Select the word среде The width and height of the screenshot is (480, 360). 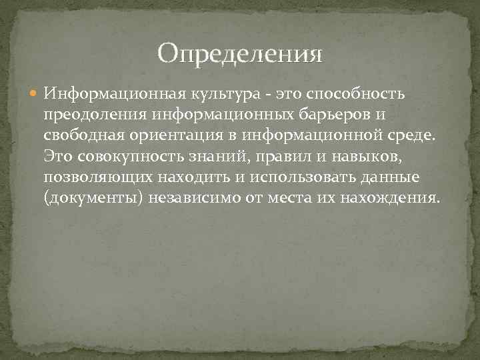pyautogui.click(x=411, y=136)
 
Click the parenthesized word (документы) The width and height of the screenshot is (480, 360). pyautogui.click(x=94, y=200)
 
